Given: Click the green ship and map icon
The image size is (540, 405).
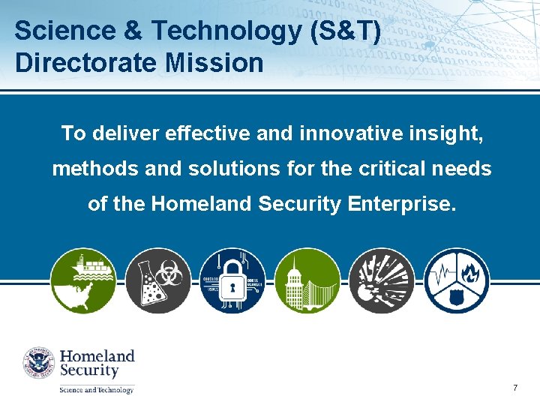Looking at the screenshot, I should click(82, 280).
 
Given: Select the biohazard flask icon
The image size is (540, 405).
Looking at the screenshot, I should click(157, 280).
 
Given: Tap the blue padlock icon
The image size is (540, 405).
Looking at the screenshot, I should click(232, 280).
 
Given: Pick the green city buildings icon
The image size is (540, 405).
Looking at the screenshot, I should click(307, 280).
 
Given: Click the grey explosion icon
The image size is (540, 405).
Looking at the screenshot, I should click(382, 280).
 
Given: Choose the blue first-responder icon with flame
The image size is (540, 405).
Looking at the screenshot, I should click(457, 280).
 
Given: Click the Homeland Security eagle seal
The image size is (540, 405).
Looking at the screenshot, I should click(39, 363).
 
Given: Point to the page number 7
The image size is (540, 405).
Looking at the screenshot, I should click(515, 388).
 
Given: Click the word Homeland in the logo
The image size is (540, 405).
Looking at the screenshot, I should click(97, 356).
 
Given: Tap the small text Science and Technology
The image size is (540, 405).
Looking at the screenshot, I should click(97, 389).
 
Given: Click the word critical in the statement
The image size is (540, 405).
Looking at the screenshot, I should click(391, 169).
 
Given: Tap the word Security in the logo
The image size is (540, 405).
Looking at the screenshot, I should click(89, 371).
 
